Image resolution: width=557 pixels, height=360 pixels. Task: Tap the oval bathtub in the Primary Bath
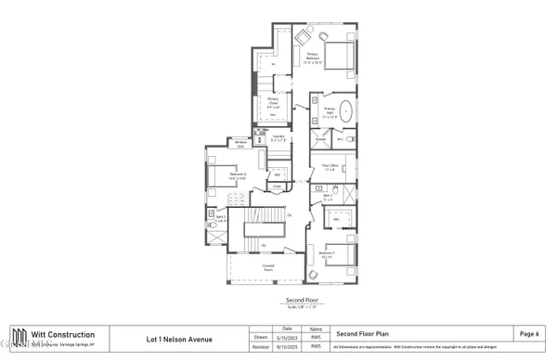(x=347, y=112)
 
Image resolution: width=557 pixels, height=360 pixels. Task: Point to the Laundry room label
(x=278, y=138)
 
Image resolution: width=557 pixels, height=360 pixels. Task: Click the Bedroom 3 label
(x=326, y=254)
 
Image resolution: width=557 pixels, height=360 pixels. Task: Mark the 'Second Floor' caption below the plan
(x=302, y=302)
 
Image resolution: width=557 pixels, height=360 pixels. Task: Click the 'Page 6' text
(x=529, y=333)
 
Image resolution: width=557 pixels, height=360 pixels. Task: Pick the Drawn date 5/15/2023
(x=286, y=338)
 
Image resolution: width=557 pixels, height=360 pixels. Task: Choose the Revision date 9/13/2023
(x=286, y=349)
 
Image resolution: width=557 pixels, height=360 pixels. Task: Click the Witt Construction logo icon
(x=18, y=339)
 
